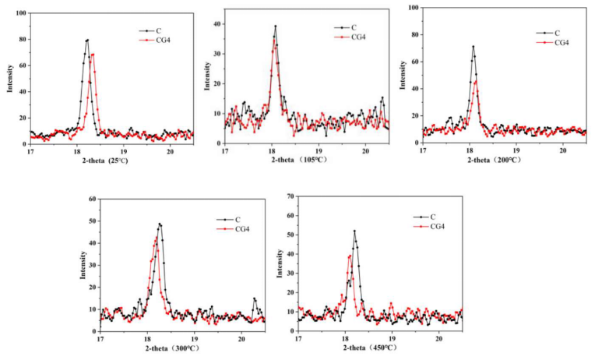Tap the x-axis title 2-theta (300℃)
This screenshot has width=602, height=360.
[x=182, y=347]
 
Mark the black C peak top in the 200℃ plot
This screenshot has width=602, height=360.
[x=473, y=47]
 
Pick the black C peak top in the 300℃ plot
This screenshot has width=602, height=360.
[x=160, y=224]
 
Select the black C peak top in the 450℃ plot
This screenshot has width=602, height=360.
[x=354, y=231]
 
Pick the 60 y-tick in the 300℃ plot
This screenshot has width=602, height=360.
[x=91, y=199]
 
